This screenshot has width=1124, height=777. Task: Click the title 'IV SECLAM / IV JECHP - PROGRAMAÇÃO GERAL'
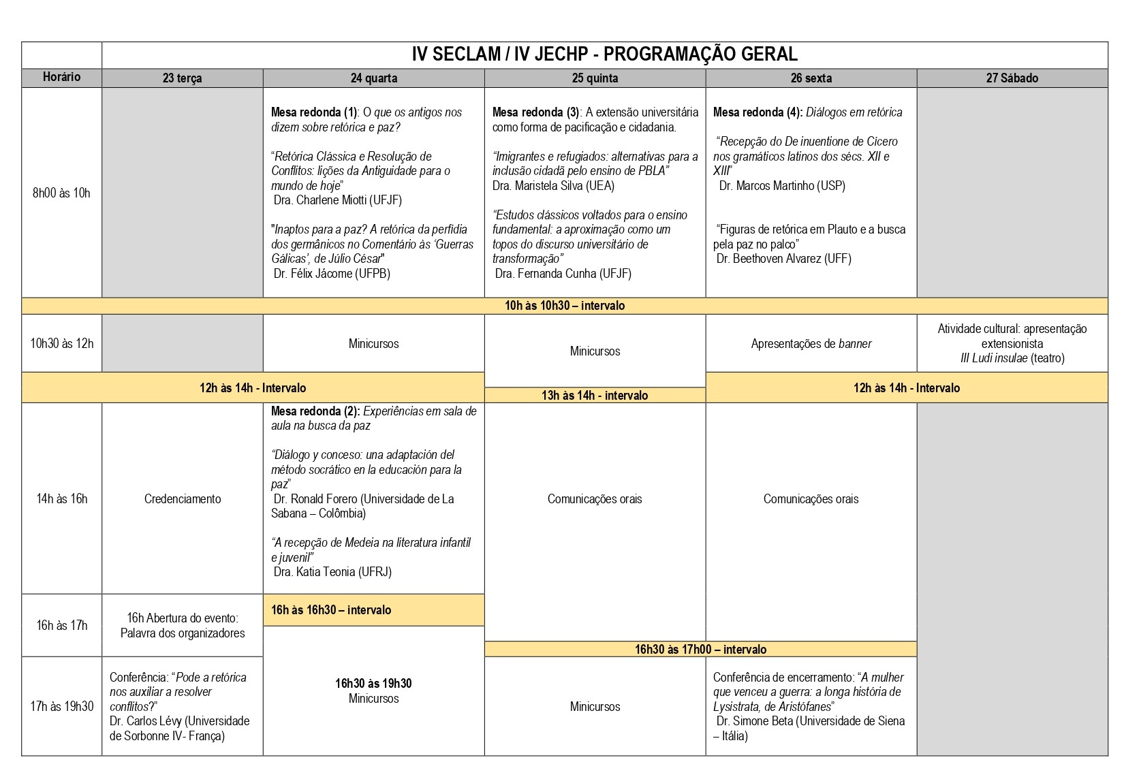point(604,54)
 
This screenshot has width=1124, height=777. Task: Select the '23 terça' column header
point(182,78)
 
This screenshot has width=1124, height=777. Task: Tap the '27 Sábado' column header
point(1012,78)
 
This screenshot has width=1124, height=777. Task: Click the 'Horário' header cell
point(61,77)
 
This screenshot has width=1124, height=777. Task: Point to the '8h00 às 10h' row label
point(61,193)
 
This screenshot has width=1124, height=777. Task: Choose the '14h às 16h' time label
point(61,498)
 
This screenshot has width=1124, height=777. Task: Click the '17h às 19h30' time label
point(61,706)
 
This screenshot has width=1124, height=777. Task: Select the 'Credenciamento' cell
point(183,498)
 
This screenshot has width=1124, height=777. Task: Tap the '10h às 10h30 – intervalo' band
point(564,306)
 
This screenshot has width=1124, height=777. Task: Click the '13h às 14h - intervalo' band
point(595,396)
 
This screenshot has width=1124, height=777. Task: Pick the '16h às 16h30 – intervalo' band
point(331,610)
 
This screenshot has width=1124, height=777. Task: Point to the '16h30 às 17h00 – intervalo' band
point(700,650)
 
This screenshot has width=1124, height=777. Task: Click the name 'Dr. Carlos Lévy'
point(145,721)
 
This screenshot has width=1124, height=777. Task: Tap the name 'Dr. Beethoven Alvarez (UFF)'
point(783,259)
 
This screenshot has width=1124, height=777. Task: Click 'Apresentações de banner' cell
point(811,344)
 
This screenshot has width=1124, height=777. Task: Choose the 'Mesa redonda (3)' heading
point(535,112)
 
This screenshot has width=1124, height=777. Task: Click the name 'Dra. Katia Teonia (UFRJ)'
point(332,572)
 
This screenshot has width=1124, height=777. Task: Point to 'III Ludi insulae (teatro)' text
point(1012,358)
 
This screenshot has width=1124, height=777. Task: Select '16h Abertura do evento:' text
point(183,618)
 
